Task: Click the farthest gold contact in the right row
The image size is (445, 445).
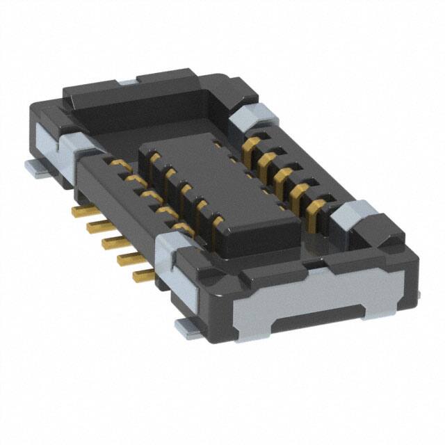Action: [250, 145]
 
